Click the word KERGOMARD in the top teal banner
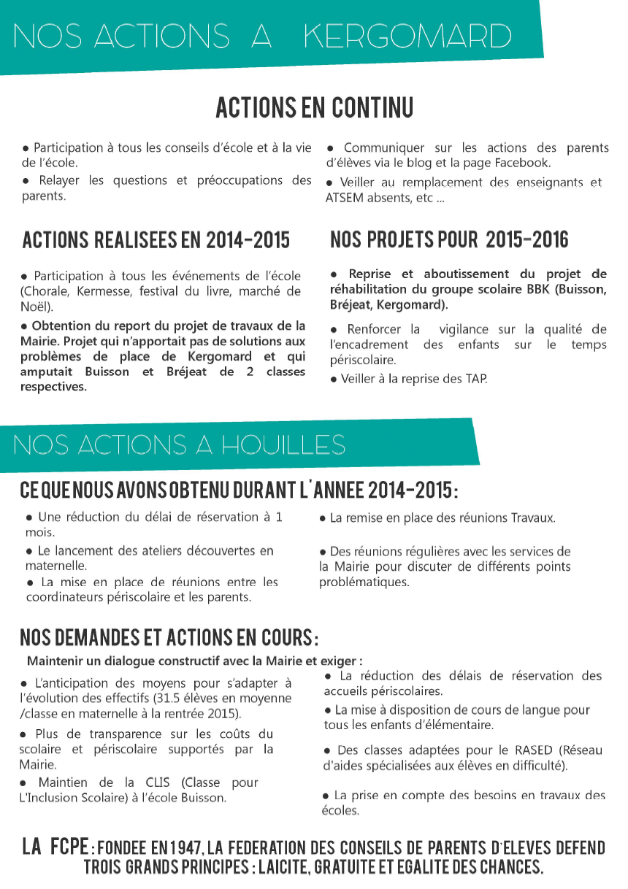tap(407, 36)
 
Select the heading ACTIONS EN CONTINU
tap(314, 108)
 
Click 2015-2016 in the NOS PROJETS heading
tap(526, 239)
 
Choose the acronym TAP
tap(476, 379)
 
